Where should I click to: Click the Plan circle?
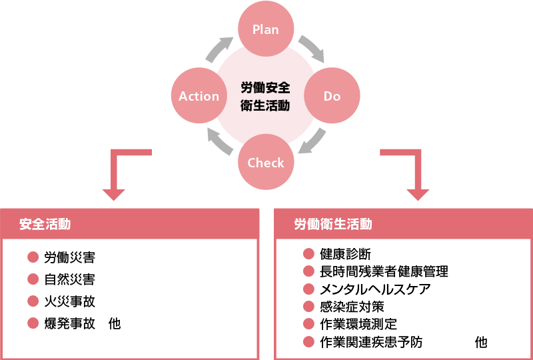click(265, 29)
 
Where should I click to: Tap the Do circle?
click(332, 96)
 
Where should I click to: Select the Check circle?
click(265, 163)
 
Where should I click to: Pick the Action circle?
click(199, 96)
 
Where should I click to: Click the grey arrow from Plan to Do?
click(310, 49)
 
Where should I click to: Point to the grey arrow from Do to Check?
click(312, 141)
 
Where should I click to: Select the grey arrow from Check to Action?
click(219, 142)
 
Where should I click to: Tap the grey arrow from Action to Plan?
click(220, 50)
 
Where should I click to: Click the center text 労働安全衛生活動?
click(265, 96)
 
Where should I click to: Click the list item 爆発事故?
click(69, 323)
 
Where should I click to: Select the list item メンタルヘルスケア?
click(375, 289)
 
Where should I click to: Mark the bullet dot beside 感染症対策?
click(308, 307)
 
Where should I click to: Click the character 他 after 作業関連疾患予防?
click(481, 342)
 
